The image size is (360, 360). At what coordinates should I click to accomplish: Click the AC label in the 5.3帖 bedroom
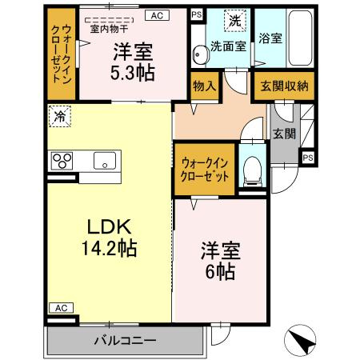point(157,15)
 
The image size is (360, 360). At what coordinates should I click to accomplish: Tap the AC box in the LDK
point(62,308)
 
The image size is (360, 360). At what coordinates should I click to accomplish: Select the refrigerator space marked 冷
point(60,116)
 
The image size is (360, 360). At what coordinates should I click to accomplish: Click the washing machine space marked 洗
point(235,21)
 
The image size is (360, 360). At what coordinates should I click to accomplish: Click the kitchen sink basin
point(105,161)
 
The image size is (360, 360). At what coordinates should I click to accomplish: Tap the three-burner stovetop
point(62,161)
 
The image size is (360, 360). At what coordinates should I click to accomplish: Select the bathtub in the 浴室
point(300,38)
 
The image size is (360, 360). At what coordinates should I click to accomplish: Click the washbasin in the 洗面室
point(200,54)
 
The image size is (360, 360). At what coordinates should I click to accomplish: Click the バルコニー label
point(125,341)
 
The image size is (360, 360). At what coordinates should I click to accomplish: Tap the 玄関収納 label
point(284,86)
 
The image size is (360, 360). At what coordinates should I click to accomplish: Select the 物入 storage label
point(205,86)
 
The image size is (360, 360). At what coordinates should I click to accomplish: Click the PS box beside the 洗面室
point(197,14)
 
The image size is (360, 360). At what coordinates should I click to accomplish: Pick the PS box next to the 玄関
point(308,158)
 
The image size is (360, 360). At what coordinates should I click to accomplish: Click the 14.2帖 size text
point(110,248)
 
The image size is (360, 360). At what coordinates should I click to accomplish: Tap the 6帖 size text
point(220,271)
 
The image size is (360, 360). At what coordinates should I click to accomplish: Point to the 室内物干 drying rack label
point(109,29)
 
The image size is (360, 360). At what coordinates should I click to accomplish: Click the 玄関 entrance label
point(284,134)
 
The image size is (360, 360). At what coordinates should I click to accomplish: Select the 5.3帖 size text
point(133,73)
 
